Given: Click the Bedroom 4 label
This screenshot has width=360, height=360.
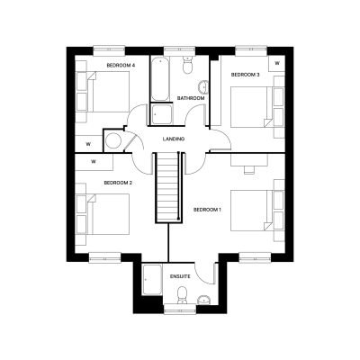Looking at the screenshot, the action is [x=121, y=65].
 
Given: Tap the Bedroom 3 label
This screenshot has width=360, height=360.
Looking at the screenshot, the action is [x=245, y=75].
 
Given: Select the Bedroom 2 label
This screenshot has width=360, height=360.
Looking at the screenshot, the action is [x=118, y=183].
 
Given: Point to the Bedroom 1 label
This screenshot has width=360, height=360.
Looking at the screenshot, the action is [x=207, y=210].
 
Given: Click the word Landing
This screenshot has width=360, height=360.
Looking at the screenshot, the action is [x=174, y=139].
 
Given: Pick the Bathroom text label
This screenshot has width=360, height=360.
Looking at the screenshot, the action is [x=191, y=98].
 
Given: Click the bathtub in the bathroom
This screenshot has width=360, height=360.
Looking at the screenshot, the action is [x=160, y=78].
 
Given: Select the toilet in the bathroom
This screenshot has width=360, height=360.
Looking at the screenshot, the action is [x=187, y=64].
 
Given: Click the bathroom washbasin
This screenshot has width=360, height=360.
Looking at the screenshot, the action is [x=203, y=87].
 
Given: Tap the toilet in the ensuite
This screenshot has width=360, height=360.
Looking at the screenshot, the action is [x=182, y=295].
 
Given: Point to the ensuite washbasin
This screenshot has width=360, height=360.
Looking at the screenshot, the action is [x=204, y=300].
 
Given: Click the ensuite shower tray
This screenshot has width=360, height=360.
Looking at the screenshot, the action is [x=152, y=280].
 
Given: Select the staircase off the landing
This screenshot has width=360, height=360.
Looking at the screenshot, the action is [x=168, y=187].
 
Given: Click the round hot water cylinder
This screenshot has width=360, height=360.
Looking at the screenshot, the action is [x=113, y=140].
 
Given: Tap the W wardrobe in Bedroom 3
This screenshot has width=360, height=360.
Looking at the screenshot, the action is [x=276, y=63].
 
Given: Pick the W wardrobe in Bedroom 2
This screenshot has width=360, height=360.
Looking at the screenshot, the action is [x=94, y=162].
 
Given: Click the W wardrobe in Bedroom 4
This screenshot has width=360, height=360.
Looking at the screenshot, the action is [x=88, y=144].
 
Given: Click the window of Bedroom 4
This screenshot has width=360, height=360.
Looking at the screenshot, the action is [x=109, y=50].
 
